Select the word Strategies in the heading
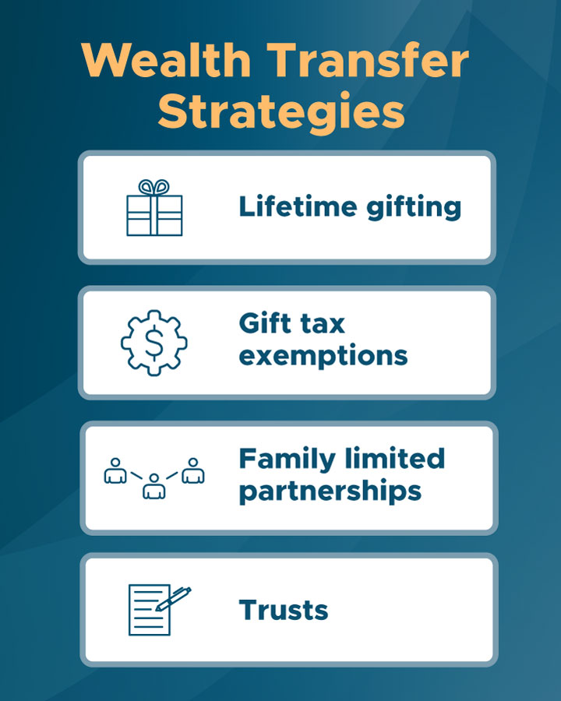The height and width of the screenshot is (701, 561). [281, 111]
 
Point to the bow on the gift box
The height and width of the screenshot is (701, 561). [154, 187]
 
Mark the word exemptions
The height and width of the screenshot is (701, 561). [323, 356]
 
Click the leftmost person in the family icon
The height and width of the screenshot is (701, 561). [115, 470]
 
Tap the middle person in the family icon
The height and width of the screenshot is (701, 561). [154, 486]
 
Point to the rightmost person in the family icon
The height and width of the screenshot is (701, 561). [193, 470]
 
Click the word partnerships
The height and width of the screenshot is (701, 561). [330, 492]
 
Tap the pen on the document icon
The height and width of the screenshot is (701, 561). [173, 599]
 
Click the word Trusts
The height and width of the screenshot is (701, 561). [284, 610]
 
